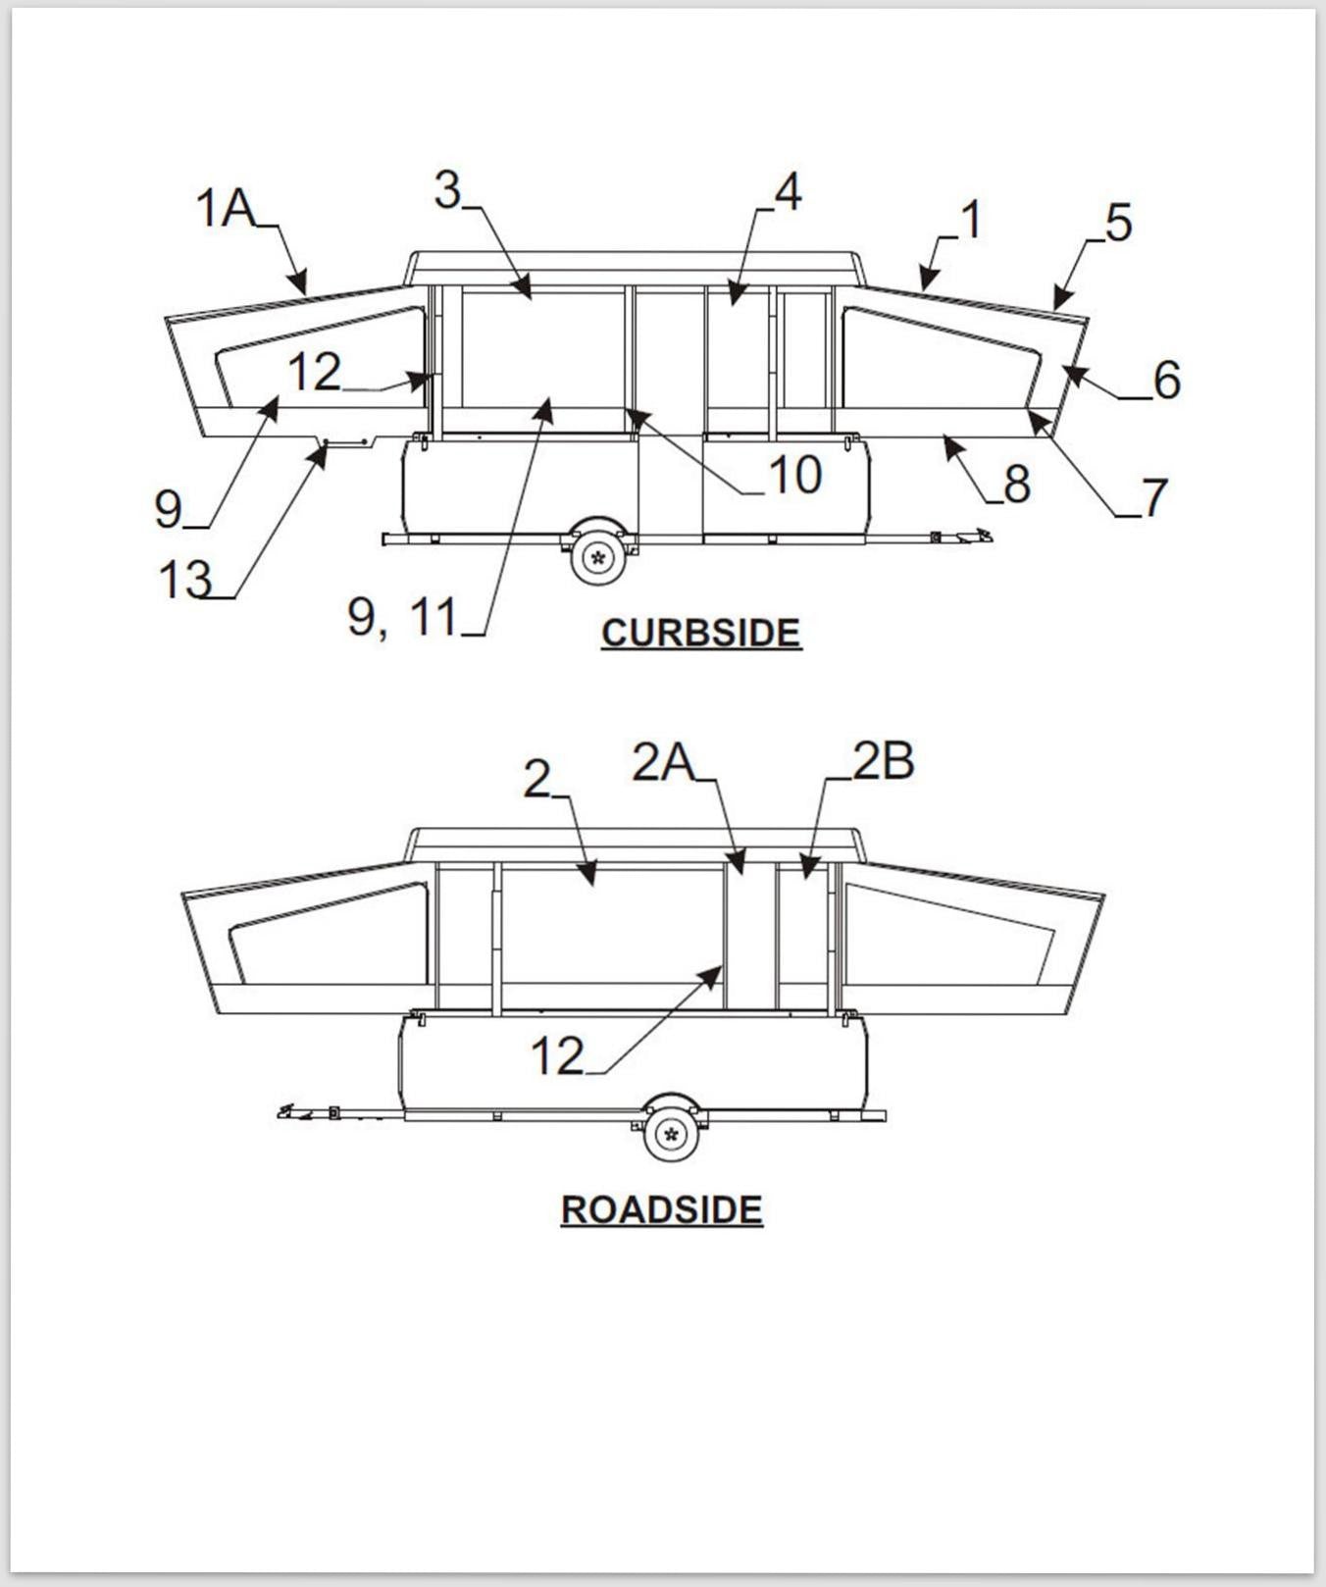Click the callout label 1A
point(226,208)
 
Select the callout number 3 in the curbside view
point(447,189)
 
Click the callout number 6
point(1166,380)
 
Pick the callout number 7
point(1154,497)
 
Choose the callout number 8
point(1016,484)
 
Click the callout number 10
point(794,476)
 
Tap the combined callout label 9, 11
point(403,617)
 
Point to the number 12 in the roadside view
point(557,1056)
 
